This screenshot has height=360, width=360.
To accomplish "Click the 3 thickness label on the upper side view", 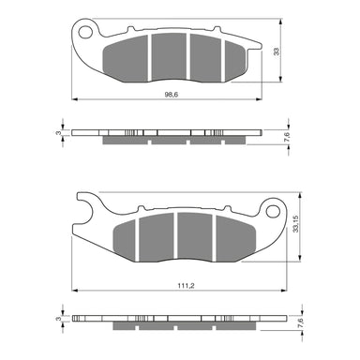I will point(58,134).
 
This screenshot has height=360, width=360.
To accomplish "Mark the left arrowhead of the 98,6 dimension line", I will point(76,100).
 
